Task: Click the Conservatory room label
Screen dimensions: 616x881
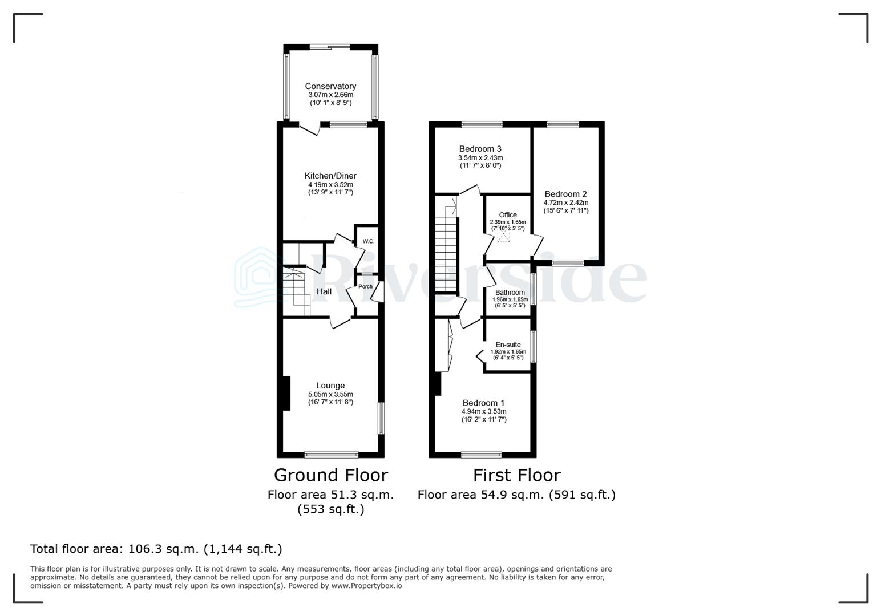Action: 330,86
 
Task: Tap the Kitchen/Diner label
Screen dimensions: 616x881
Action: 330,176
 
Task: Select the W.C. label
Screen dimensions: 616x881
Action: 369,241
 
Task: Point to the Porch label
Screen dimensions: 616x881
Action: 365,286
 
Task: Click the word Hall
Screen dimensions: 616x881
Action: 324,291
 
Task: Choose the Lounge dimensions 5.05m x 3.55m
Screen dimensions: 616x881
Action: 330,394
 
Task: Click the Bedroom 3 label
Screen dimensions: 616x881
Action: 480,149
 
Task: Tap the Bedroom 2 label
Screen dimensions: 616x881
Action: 565,194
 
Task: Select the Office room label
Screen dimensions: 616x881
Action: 508,215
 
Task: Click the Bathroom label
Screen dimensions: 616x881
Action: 510,293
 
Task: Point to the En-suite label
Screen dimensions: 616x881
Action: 508,345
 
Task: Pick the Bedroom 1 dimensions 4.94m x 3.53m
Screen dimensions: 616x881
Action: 483,411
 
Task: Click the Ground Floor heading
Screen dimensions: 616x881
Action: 330,475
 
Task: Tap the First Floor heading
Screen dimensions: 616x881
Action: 516,475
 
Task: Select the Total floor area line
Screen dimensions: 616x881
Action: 156,549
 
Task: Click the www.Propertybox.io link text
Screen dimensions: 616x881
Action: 366,586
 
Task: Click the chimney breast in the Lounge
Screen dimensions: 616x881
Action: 286,392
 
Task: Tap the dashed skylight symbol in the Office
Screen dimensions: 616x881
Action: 503,236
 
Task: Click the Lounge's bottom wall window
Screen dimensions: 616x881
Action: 331,455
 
